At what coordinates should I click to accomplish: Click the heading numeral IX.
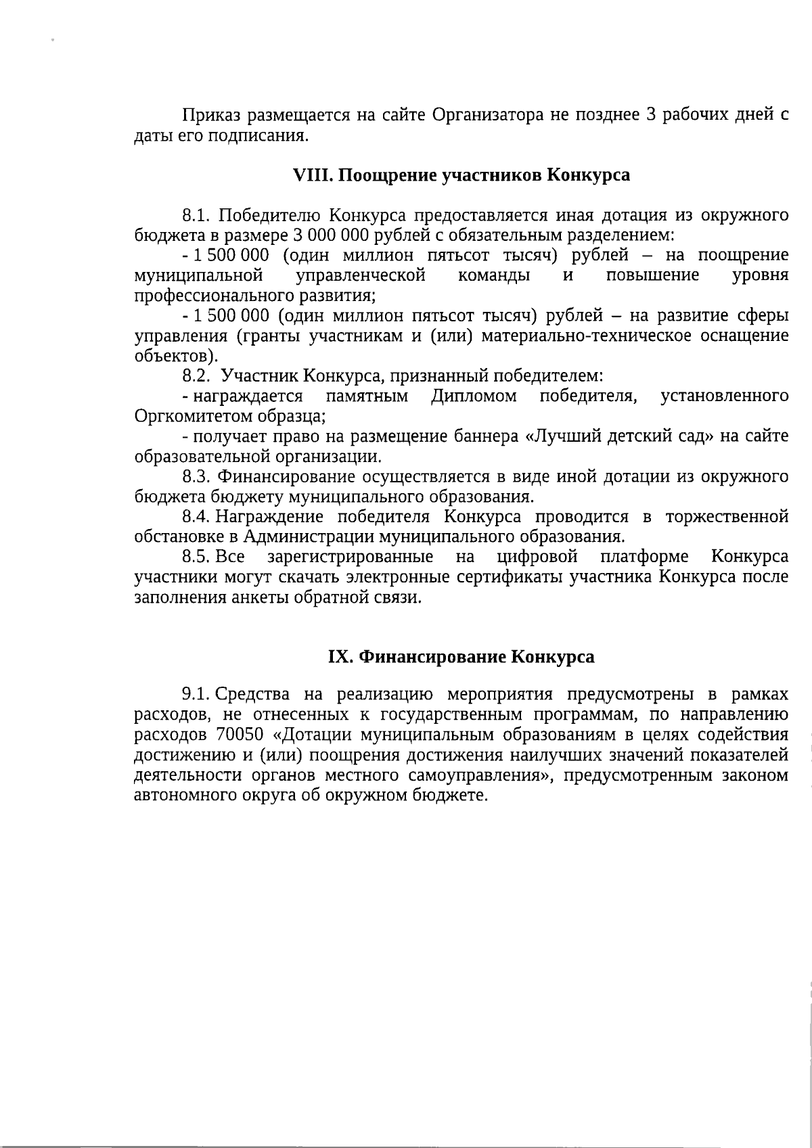340,657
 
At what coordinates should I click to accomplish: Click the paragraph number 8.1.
198,216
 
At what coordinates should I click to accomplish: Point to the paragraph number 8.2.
198,375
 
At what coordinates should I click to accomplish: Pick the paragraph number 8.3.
198,476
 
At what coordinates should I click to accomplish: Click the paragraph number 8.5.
196,557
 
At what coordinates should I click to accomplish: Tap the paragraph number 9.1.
197,694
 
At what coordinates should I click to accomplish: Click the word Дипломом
474,396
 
